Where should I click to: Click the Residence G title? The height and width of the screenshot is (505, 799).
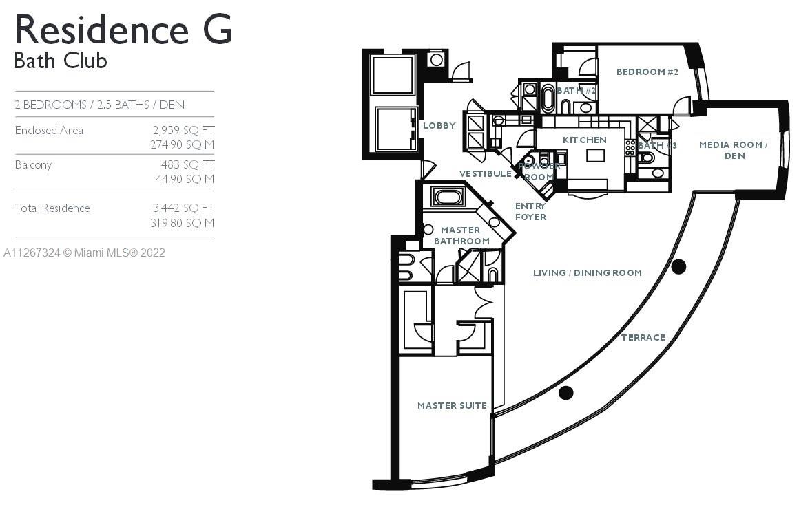click(x=123, y=30)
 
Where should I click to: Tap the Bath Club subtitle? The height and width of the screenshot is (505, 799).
click(x=61, y=61)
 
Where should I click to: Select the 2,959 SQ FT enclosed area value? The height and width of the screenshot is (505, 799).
click(x=183, y=130)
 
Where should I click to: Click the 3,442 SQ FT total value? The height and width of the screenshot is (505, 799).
click(x=183, y=208)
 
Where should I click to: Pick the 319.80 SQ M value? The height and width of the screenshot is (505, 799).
click(x=182, y=223)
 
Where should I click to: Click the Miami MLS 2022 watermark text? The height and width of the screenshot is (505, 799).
click(x=84, y=252)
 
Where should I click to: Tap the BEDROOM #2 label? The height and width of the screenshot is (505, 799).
click(x=647, y=72)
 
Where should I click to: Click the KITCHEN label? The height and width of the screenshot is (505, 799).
click(x=584, y=140)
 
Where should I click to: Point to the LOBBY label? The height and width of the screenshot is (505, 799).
click(x=439, y=126)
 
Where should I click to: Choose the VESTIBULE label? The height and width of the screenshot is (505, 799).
click(x=486, y=174)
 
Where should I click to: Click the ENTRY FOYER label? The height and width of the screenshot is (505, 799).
click(x=530, y=211)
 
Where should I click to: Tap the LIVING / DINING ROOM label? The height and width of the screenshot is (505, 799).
click(x=587, y=273)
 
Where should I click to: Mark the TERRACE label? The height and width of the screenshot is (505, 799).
click(x=643, y=337)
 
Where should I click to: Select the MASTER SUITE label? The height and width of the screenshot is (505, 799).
click(x=452, y=406)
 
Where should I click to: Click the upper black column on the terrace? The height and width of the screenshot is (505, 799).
click(x=678, y=267)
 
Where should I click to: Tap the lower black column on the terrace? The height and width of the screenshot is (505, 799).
click(x=565, y=393)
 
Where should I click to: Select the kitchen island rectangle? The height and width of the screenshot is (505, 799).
click(x=595, y=155)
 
